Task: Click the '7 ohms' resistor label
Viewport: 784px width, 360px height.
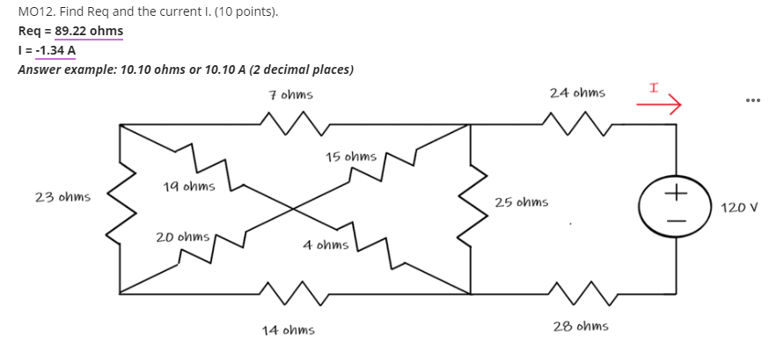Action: [290, 94]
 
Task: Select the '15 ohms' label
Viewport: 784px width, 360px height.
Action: [350, 158]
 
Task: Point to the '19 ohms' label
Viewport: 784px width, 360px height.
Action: [188, 187]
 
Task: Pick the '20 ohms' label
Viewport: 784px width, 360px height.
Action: [182, 238]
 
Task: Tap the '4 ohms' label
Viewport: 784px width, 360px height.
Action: [326, 246]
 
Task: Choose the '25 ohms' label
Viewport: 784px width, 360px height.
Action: [521, 202]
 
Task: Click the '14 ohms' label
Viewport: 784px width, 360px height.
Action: [288, 330]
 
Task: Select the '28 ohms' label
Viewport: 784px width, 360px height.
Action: [580, 327]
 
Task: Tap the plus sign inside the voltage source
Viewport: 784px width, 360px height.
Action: [676, 192]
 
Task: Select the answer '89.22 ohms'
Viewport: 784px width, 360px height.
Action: [89, 31]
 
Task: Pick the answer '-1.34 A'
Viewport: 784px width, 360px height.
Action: [53, 49]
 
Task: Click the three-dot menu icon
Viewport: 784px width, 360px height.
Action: [751, 99]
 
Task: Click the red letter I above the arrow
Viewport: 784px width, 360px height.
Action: [654, 89]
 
